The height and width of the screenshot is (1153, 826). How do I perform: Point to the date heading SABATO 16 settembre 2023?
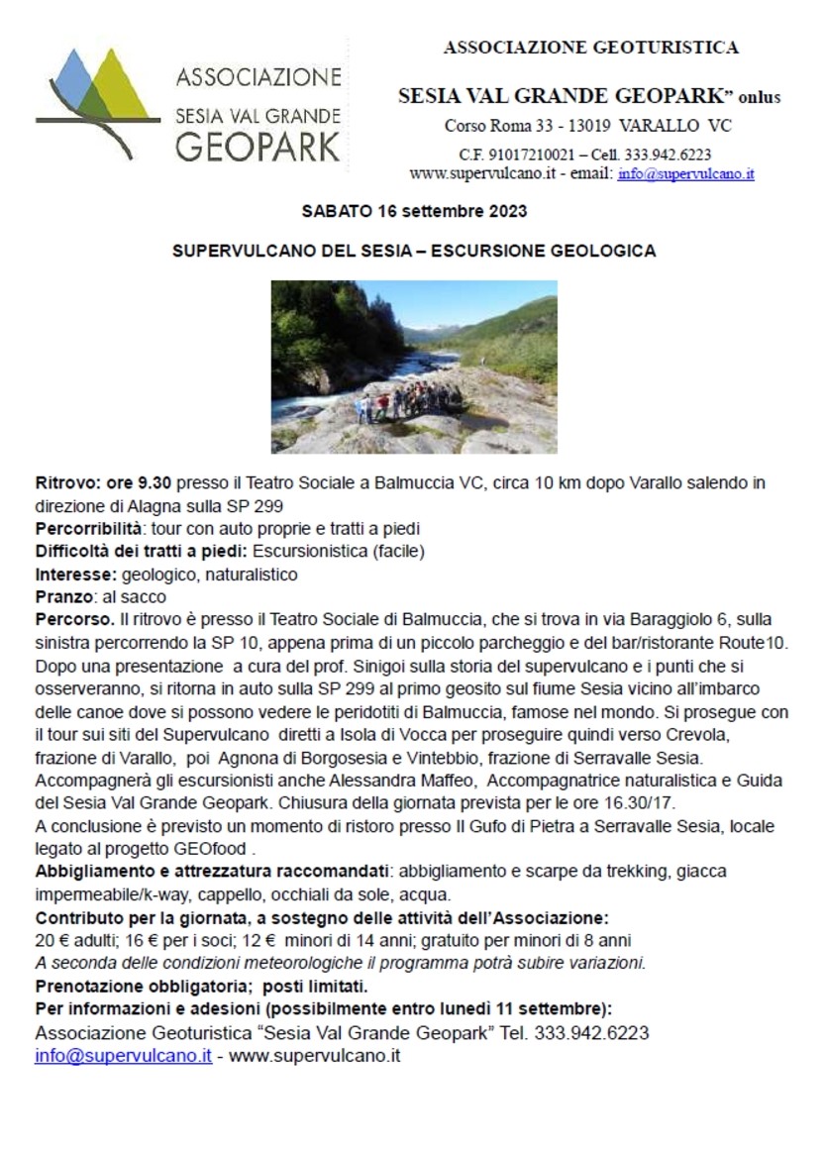tap(413, 211)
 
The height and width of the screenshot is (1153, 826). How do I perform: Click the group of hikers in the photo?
tap(409, 402)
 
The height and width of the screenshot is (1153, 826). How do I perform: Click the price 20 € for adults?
tap(50, 940)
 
